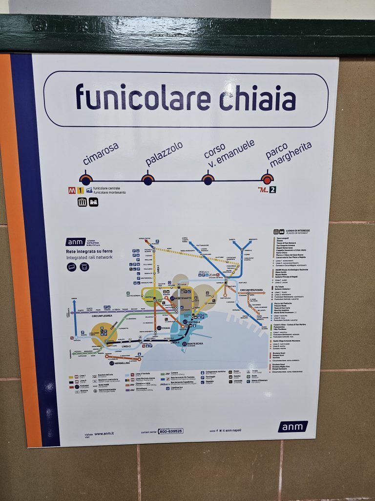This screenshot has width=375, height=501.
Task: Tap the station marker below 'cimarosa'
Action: tap(86, 180)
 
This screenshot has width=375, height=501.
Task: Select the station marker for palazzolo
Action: tap(147, 180)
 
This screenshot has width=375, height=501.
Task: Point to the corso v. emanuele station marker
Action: tap(208, 180)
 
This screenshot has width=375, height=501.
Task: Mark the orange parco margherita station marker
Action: tap(267, 179)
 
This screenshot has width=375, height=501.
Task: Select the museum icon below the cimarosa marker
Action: tap(82, 202)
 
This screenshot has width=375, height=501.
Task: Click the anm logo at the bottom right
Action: tap(293, 427)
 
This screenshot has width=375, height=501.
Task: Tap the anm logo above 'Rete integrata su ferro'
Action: tap(76, 242)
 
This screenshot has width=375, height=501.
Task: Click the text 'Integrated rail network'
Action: tap(89, 257)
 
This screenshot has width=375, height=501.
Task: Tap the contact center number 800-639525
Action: tap(170, 431)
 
